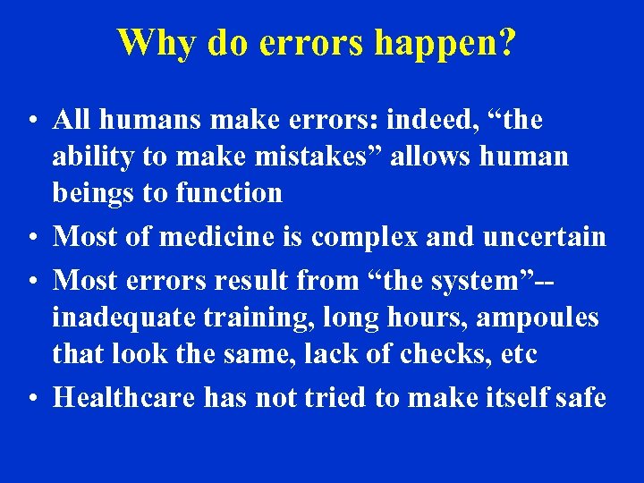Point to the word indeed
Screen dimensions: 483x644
[x=426, y=119]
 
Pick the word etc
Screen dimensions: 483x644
[x=518, y=355]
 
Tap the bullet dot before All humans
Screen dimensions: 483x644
[x=31, y=121]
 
